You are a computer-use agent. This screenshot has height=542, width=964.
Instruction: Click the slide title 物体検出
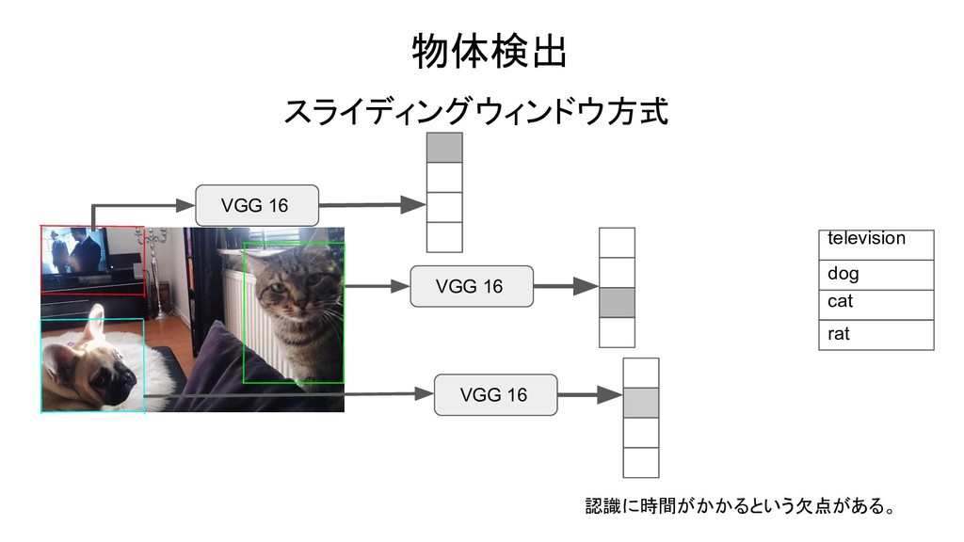point(490,54)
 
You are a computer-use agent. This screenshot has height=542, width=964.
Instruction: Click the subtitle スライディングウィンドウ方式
point(476,113)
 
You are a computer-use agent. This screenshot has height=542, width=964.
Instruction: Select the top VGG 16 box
point(256,205)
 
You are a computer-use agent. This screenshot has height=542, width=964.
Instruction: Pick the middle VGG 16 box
point(471,286)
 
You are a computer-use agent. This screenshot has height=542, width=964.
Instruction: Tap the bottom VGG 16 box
point(495,394)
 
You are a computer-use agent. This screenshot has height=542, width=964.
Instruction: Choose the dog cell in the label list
point(876,275)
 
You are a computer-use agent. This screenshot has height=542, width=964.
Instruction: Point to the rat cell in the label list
point(876,335)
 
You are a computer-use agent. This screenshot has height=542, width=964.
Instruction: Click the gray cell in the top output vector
point(444,148)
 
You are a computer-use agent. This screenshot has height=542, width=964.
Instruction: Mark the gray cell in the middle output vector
point(617,303)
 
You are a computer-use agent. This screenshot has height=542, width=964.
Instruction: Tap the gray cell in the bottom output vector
point(640,403)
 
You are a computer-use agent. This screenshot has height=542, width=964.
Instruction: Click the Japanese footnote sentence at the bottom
point(740,507)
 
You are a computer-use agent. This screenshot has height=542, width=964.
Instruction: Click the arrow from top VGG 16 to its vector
point(373,204)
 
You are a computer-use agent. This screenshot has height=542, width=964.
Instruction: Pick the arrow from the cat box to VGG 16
point(377,287)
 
